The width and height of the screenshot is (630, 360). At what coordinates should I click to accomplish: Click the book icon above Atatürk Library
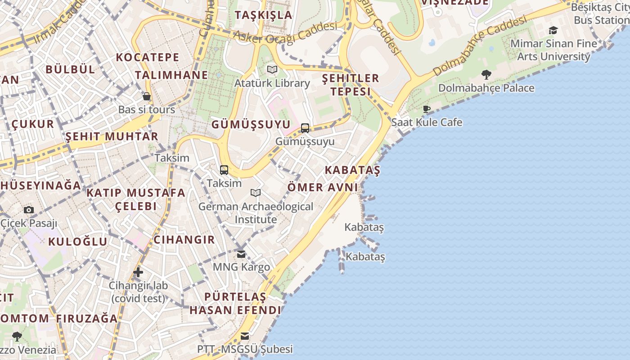click(x=272, y=70)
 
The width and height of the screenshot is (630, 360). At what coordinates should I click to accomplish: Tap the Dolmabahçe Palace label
click(x=486, y=88)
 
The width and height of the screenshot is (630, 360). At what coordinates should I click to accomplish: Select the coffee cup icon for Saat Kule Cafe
click(x=427, y=109)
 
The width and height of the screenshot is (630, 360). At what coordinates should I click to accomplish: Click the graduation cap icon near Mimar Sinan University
click(x=553, y=30)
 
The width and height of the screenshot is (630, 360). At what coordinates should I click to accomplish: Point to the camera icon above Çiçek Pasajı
click(x=29, y=210)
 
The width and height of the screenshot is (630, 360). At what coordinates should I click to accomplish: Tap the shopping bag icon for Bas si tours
click(x=146, y=96)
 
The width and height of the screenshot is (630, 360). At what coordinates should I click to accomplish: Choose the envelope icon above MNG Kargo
click(x=241, y=254)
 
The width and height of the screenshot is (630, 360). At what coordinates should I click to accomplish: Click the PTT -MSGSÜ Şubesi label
click(x=245, y=349)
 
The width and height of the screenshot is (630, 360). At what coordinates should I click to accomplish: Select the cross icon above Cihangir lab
click(x=138, y=272)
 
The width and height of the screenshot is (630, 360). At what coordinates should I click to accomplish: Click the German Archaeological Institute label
click(x=256, y=213)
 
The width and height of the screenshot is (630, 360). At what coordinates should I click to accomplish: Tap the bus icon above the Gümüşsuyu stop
click(x=305, y=128)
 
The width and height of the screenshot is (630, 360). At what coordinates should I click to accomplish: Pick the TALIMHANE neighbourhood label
click(x=171, y=75)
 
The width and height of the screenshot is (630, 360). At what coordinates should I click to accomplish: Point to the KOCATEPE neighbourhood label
click(x=148, y=57)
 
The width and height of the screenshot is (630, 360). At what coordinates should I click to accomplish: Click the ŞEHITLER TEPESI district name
click(x=351, y=85)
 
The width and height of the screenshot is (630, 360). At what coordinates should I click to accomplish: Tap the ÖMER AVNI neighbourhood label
click(x=322, y=187)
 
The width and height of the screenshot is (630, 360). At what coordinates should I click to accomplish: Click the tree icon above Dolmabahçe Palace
click(x=486, y=74)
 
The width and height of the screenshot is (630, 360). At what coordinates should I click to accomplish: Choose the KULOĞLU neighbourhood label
click(x=78, y=241)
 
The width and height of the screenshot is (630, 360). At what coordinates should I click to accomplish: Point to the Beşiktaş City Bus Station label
click(x=599, y=13)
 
